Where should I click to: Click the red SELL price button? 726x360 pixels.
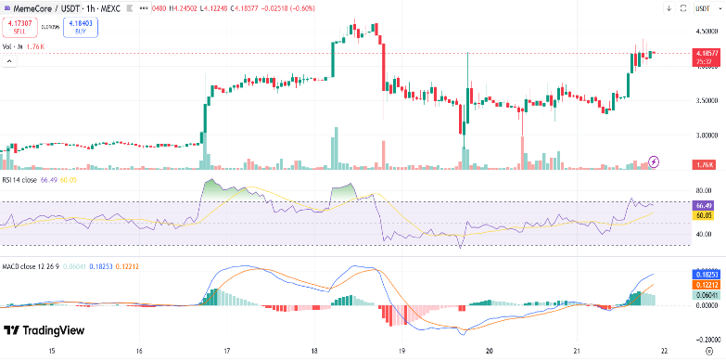tap(19, 28)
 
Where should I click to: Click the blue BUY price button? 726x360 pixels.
tap(82, 28)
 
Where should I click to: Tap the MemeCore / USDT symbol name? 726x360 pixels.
tap(42, 8)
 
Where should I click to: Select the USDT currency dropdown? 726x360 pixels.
tap(706, 8)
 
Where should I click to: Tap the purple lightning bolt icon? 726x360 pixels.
tap(655, 161)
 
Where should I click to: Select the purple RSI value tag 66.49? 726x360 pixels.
tap(705, 204)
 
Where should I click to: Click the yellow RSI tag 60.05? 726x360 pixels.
tap(705, 214)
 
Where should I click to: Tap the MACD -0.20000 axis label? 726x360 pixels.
tap(704, 340)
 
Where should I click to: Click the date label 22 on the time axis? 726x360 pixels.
tap(663, 352)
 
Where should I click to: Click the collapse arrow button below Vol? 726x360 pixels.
tap(11, 62)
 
